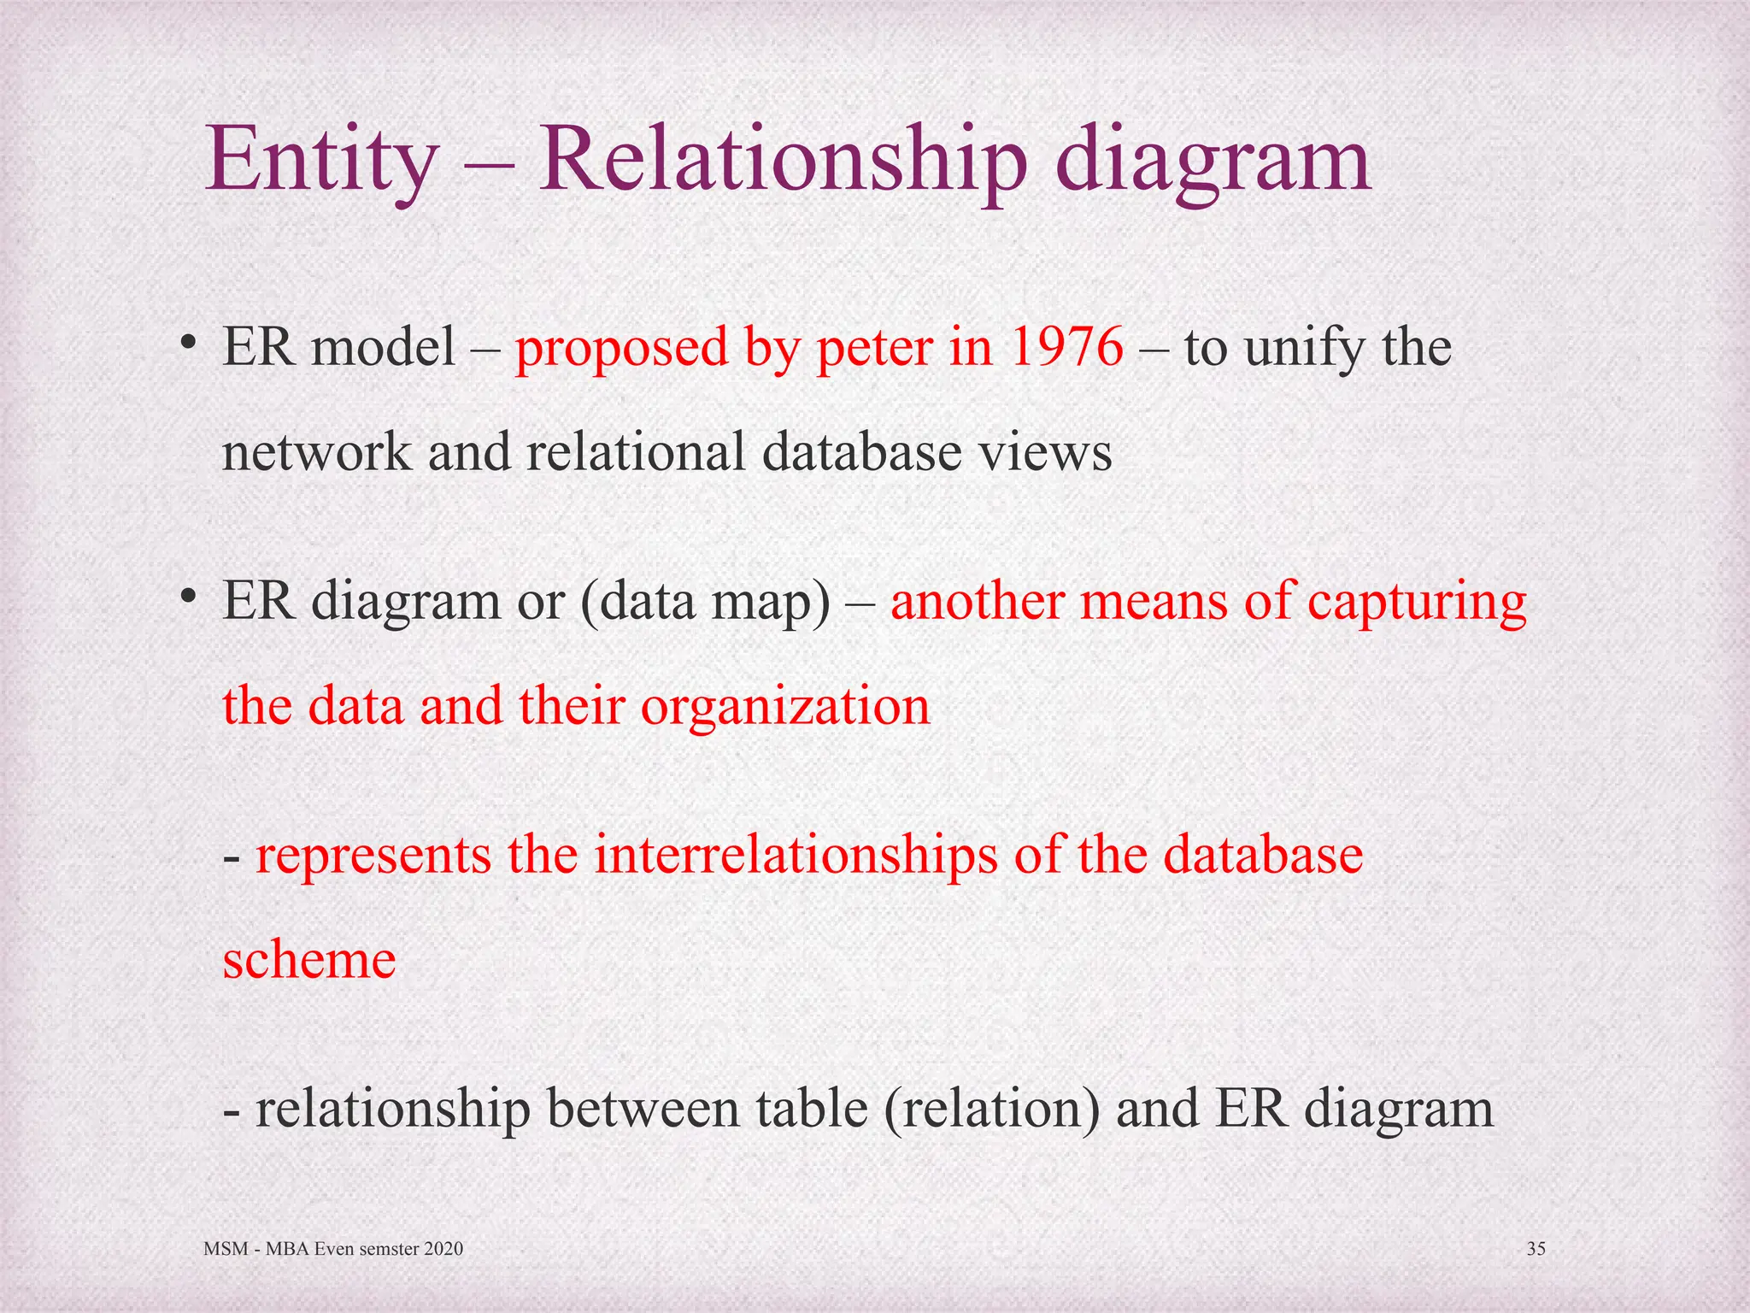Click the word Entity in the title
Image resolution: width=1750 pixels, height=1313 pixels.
[x=321, y=160]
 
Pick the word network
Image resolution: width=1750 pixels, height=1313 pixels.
[x=316, y=451]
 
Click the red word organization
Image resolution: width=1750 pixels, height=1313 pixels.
[x=784, y=706]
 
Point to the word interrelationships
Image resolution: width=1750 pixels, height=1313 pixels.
[x=796, y=854]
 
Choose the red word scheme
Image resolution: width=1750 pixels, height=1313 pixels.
[x=309, y=959]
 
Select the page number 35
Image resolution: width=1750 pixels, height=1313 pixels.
[x=1536, y=1249]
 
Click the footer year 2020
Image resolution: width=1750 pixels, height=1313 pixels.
[x=443, y=1249]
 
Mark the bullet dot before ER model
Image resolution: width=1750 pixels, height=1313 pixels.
[x=189, y=344]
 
